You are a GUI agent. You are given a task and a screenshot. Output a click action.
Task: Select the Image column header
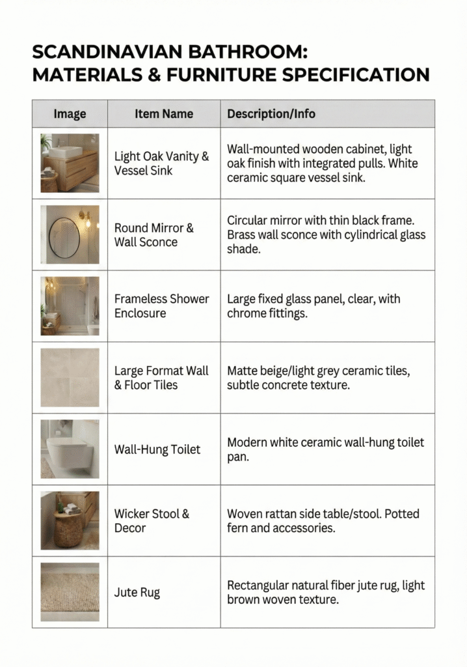(x=70, y=114)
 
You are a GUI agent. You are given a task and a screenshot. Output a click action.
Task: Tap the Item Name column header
(x=164, y=114)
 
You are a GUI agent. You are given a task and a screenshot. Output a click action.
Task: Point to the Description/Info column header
(x=271, y=114)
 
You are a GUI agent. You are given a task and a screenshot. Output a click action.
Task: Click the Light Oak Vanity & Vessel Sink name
(x=162, y=163)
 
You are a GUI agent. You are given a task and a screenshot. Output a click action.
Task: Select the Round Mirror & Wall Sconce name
(x=154, y=235)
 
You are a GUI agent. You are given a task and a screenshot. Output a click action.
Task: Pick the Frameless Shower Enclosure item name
(x=162, y=306)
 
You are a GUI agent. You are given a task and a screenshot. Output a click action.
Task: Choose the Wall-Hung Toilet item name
(x=157, y=449)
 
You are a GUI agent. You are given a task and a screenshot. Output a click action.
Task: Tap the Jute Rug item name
(x=137, y=593)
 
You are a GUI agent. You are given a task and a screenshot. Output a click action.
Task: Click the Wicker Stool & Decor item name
(x=152, y=520)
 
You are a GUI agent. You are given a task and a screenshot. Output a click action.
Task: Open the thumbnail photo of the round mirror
(x=70, y=234)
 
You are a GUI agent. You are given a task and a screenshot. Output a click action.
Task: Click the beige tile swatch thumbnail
(x=70, y=378)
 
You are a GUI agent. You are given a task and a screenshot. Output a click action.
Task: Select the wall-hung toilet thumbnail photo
(x=70, y=449)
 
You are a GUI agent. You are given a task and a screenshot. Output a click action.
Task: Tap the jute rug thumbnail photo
(x=70, y=592)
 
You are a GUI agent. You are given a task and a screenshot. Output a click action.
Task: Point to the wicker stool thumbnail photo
(x=70, y=520)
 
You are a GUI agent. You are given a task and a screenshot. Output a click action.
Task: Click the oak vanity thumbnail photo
(x=70, y=163)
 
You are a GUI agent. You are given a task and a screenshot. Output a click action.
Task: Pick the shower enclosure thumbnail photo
(x=70, y=306)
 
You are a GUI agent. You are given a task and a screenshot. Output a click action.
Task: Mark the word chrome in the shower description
(x=247, y=313)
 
